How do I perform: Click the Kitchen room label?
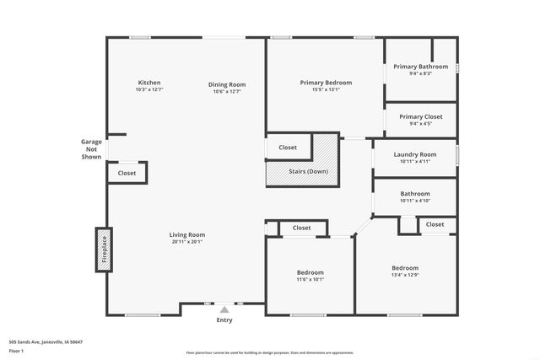(149, 83)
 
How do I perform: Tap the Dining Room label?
(227, 84)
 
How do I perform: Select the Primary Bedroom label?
(326, 83)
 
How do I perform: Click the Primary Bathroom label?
(420, 66)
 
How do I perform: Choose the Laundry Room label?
(416, 154)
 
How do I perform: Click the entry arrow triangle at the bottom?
(224, 309)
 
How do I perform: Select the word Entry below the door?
(224, 320)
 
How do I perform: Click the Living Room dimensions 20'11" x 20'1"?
(187, 242)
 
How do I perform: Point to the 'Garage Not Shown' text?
(91, 149)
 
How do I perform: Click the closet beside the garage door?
(127, 173)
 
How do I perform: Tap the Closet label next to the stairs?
(288, 148)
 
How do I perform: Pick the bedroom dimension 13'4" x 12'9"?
(405, 275)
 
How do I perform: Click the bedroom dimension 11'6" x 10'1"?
(310, 280)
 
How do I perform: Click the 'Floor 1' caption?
(17, 350)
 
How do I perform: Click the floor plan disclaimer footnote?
(269, 352)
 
